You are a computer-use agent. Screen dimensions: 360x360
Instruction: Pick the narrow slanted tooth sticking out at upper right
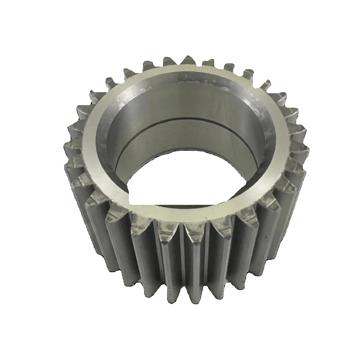point(266,85)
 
